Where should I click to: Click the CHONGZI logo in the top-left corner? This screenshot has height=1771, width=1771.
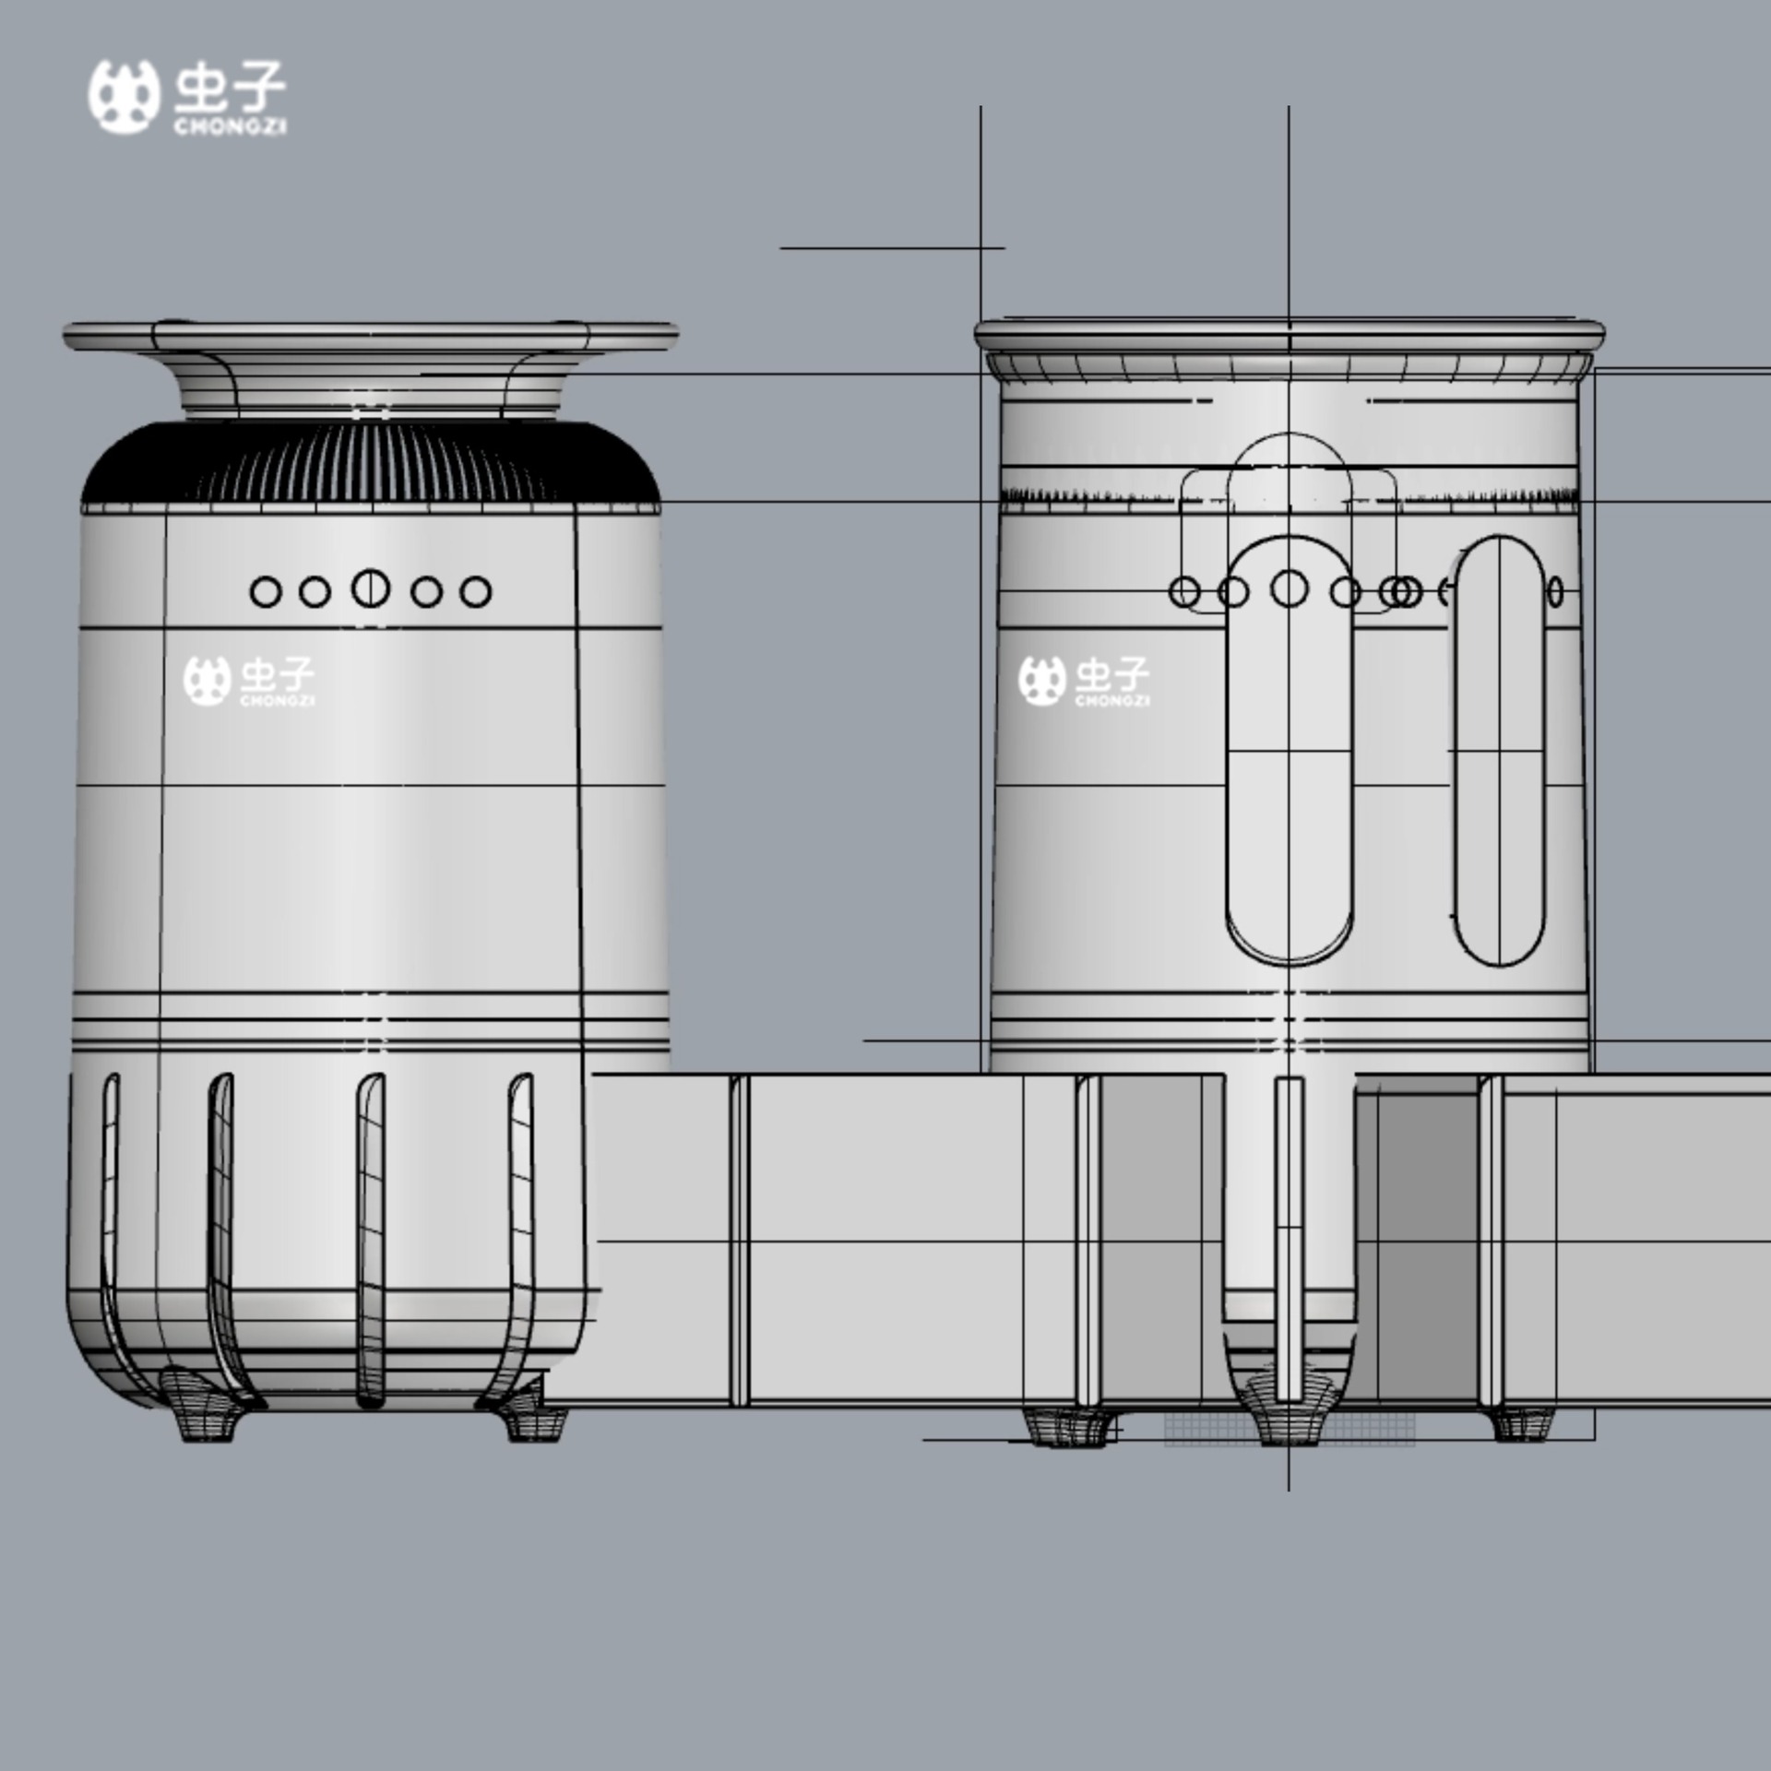[x=187, y=98]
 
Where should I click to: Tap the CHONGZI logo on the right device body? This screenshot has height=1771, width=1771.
[x=1085, y=681]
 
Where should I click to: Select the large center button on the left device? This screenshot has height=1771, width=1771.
[x=371, y=588]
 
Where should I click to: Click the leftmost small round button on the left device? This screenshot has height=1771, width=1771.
[x=266, y=592]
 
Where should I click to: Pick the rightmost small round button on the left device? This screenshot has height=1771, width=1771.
[x=475, y=592]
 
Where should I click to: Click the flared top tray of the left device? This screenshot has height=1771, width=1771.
[x=371, y=336]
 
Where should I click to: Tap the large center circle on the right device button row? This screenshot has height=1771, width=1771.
[x=1289, y=588]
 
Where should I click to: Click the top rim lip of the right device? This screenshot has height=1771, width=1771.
[x=1290, y=329]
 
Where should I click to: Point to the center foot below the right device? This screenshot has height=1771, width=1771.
[x=1289, y=1425]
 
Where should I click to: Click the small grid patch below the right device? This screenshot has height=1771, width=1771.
[x=1199, y=1431]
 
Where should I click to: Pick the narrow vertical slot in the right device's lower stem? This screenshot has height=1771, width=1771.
[x=1289, y=1236]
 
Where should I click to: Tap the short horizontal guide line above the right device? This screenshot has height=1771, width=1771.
[x=891, y=248]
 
